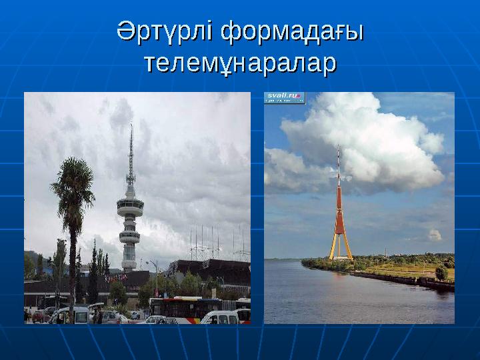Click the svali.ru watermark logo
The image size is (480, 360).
tap(285, 97)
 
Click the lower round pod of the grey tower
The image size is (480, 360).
tap(129, 235)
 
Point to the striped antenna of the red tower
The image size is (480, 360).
tap(338, 163)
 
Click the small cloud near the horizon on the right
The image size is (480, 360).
tap(435, 235)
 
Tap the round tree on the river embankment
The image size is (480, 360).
tap(441, 272)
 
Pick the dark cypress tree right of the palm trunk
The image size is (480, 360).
tap(93, 273)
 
